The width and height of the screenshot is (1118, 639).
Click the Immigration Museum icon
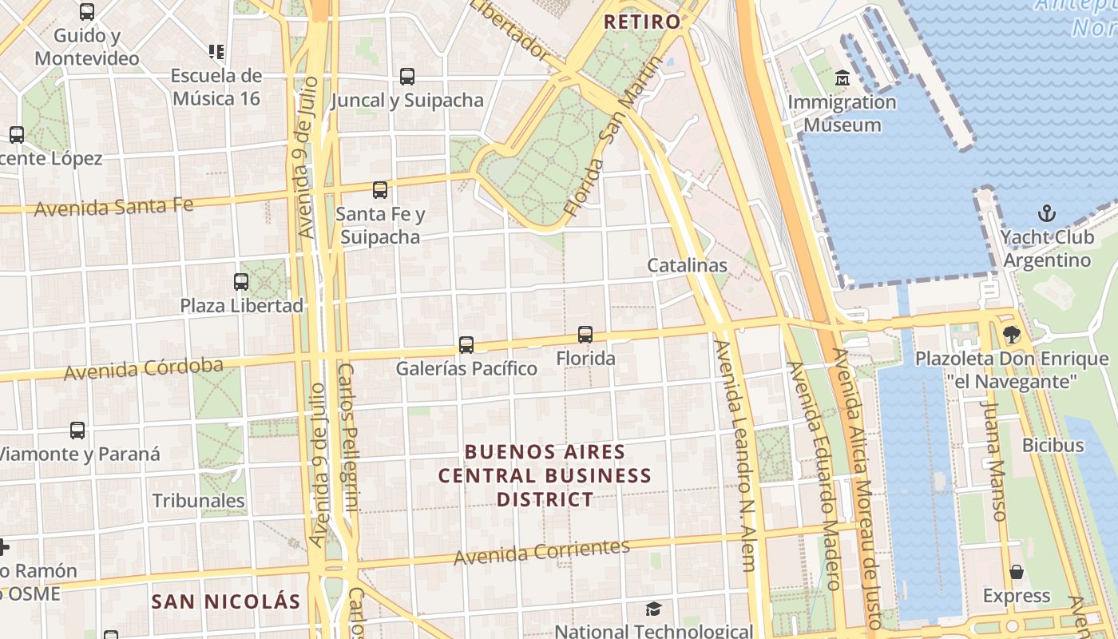842,78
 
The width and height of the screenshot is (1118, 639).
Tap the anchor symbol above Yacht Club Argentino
1046,213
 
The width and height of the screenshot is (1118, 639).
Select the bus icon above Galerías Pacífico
466,345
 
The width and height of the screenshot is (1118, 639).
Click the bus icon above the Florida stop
585,335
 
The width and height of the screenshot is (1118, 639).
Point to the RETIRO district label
642,22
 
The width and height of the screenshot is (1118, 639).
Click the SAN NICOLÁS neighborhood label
226,601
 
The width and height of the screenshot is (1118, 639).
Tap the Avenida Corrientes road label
541,552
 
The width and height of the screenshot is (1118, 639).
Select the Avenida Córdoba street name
144,368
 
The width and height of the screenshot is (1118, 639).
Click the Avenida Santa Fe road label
113,207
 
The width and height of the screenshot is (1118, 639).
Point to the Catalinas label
687,265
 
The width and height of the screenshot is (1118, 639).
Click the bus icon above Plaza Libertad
241,282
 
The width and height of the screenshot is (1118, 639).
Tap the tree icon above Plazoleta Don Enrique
1012,335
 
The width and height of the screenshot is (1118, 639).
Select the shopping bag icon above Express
1017,572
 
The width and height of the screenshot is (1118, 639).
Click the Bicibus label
1053,445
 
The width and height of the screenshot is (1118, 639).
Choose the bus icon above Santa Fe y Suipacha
380,190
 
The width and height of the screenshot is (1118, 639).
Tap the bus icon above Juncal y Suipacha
407,77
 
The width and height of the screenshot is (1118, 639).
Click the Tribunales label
198,501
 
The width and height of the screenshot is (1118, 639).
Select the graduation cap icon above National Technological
653,609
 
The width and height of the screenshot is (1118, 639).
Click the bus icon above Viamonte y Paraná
77,431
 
